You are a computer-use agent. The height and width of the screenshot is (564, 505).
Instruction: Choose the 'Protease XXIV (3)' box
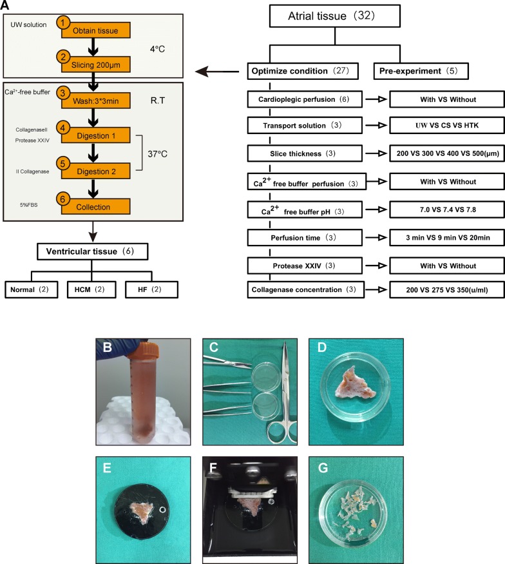click(307, 266)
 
